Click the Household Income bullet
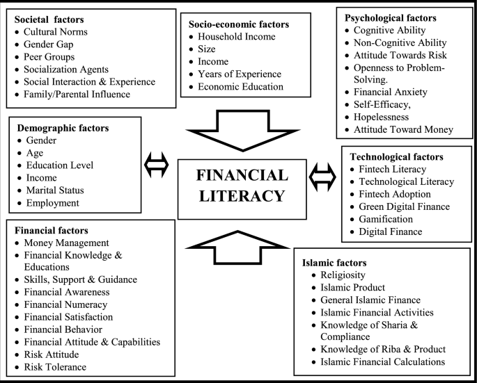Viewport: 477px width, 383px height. [237, 36]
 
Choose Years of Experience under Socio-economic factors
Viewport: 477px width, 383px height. [240, 74]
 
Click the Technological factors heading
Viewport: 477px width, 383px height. [396, 156]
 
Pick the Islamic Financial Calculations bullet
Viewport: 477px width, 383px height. [382, 361]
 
